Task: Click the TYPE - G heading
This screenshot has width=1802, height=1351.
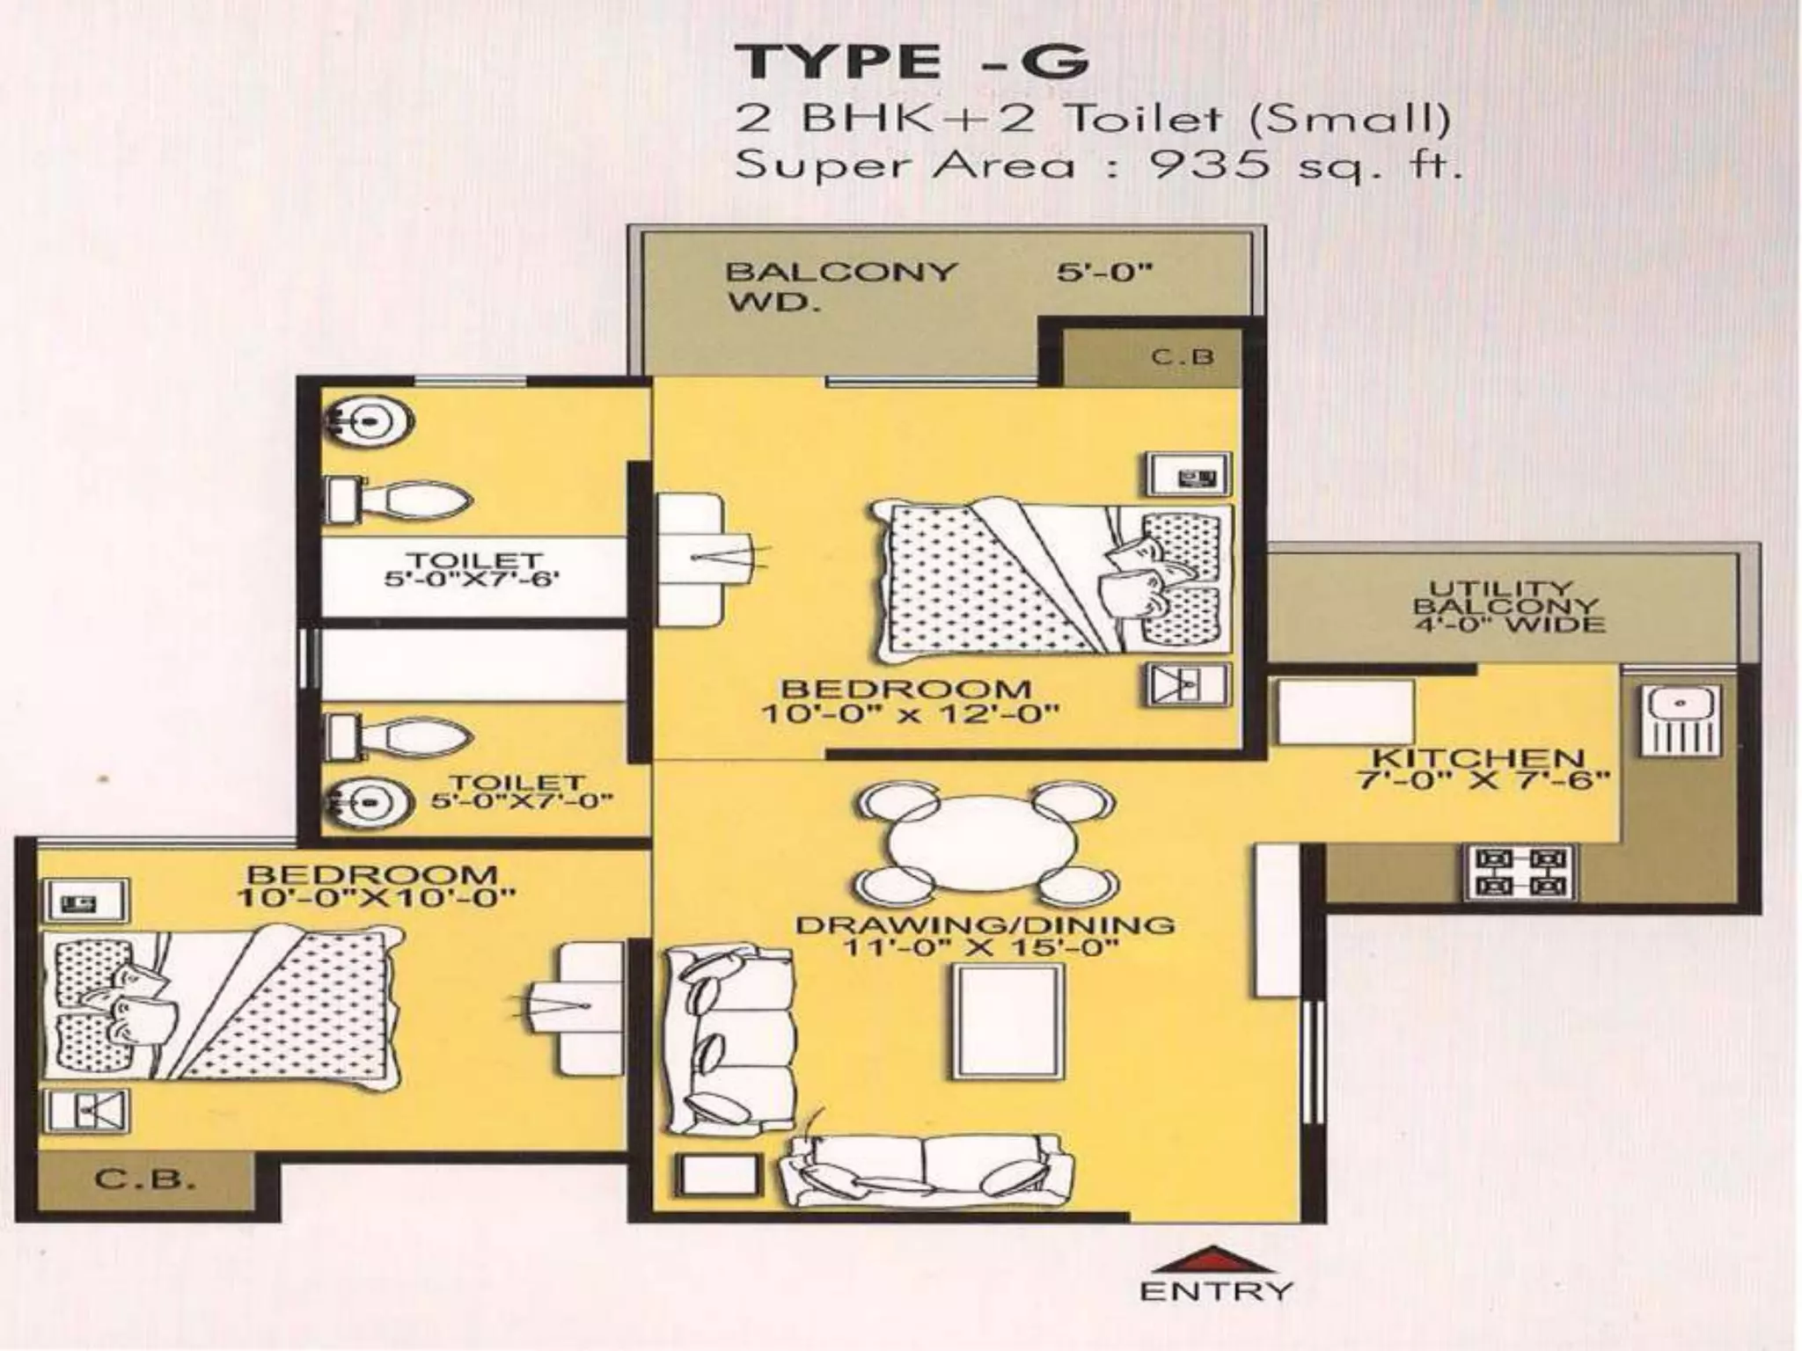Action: (912, 62)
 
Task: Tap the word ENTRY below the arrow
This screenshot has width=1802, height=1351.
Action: (1216, 1291)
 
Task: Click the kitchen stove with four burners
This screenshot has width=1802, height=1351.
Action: (1520, 872)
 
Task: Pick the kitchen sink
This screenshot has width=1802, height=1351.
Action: (1681, 719)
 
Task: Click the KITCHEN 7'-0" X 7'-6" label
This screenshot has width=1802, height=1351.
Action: (1478, 768)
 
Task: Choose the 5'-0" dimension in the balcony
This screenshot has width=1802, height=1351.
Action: (1104, 272)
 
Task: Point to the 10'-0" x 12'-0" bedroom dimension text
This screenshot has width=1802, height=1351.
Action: (909, 713)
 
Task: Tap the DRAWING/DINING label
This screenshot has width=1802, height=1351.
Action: (985, 925)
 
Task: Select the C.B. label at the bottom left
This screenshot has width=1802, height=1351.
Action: (144, 1179)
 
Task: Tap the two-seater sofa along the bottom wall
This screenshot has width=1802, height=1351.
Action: (927, 1170)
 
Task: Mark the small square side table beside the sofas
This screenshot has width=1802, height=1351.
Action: (717, 1174)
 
